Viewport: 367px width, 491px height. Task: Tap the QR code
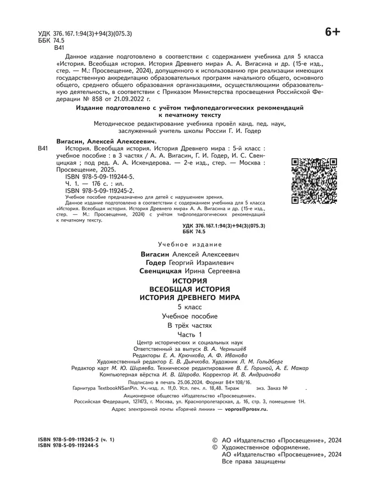pyautogui.click(x=313, y=181)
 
